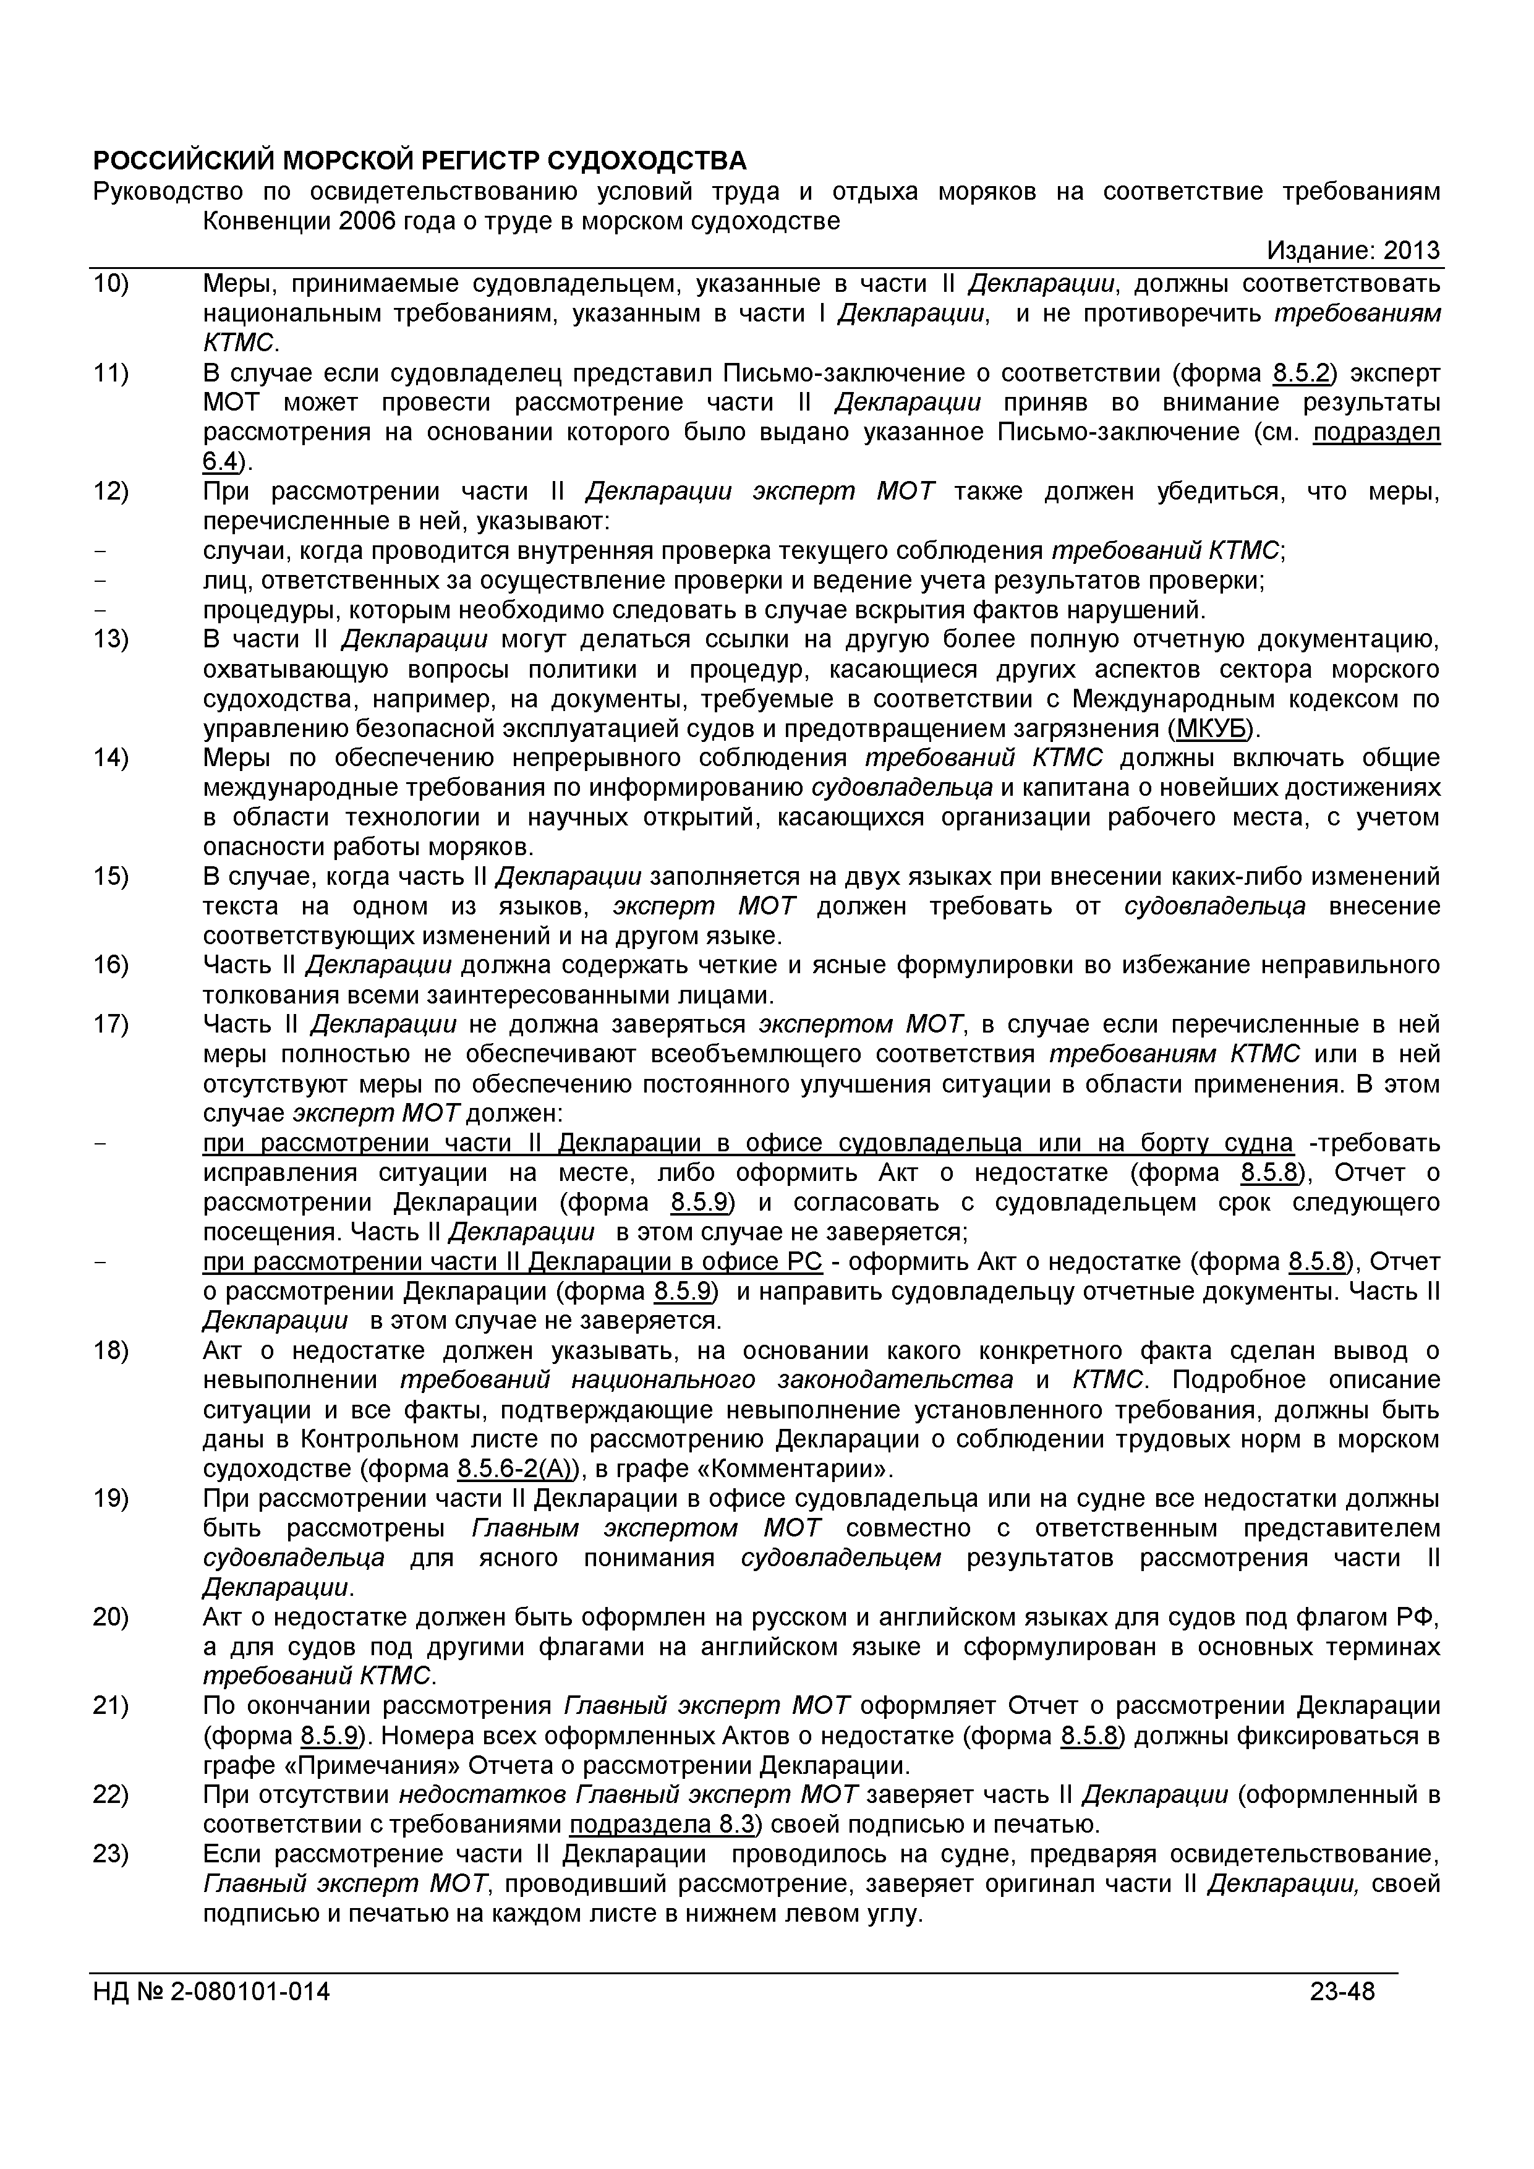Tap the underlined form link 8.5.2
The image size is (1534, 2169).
(1300, 373)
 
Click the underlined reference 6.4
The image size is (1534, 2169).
(219, 462)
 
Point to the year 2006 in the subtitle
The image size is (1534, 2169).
(367, 221)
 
